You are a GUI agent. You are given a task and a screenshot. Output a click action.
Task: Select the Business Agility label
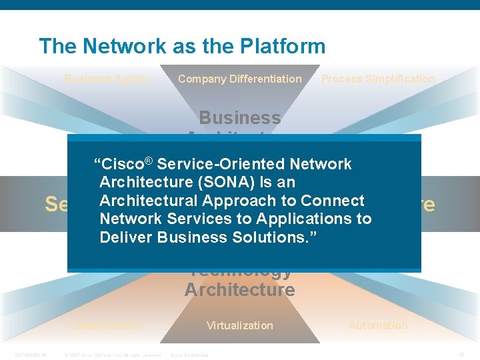click(106, 79)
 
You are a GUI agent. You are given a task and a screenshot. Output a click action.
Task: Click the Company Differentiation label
click(239, 79)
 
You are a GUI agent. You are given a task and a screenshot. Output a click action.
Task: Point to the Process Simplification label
click(378, 79)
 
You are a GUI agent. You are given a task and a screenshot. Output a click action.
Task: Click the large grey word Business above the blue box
click(239, 118)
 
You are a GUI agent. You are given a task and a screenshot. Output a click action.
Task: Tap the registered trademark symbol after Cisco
click(149, 161)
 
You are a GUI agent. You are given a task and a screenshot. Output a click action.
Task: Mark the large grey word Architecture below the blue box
click(239, 290)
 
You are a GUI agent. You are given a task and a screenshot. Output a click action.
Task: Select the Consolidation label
click(106, 325)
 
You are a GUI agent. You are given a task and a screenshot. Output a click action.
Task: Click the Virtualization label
click(239, 325)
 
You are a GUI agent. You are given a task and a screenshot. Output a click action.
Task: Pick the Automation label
click(378, 325)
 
